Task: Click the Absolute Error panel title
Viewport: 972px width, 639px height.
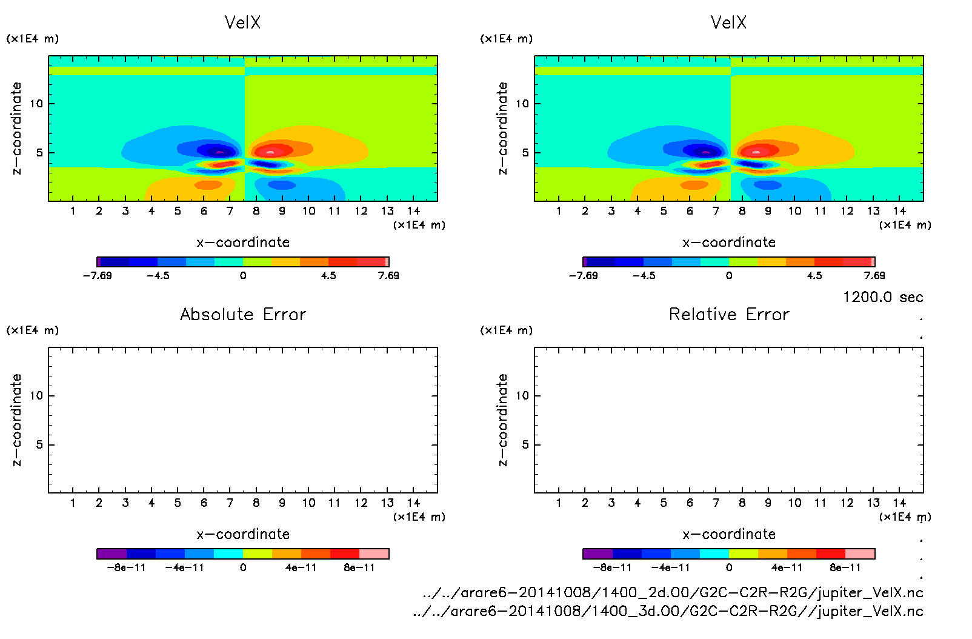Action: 243,314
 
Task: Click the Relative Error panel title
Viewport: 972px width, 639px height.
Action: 729,314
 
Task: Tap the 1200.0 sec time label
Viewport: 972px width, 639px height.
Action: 883,297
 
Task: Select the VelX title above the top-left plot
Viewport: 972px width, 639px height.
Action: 242,22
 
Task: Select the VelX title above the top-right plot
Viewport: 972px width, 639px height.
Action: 728,22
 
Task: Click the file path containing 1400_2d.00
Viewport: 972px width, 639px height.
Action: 673,592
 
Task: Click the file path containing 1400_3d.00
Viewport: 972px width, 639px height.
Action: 668,611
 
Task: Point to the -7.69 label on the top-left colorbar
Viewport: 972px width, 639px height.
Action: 97,275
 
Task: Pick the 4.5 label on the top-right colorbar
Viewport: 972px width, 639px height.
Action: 814,275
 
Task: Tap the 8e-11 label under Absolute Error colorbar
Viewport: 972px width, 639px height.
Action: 359,567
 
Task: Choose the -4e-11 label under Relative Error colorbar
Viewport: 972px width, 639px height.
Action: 671,567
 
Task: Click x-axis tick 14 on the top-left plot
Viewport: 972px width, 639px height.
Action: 414,211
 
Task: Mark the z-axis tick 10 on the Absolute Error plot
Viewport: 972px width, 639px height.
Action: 36,396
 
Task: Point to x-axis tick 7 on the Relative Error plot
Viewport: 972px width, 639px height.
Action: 716,503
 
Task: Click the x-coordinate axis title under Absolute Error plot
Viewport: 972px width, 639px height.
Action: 243,534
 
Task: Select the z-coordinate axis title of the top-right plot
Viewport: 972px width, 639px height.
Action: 502,129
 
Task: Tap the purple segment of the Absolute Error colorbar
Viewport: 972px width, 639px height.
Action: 112,554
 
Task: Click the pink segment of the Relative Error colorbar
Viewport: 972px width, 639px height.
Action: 860,554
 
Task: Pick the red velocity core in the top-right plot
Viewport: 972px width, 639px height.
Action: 756,150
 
